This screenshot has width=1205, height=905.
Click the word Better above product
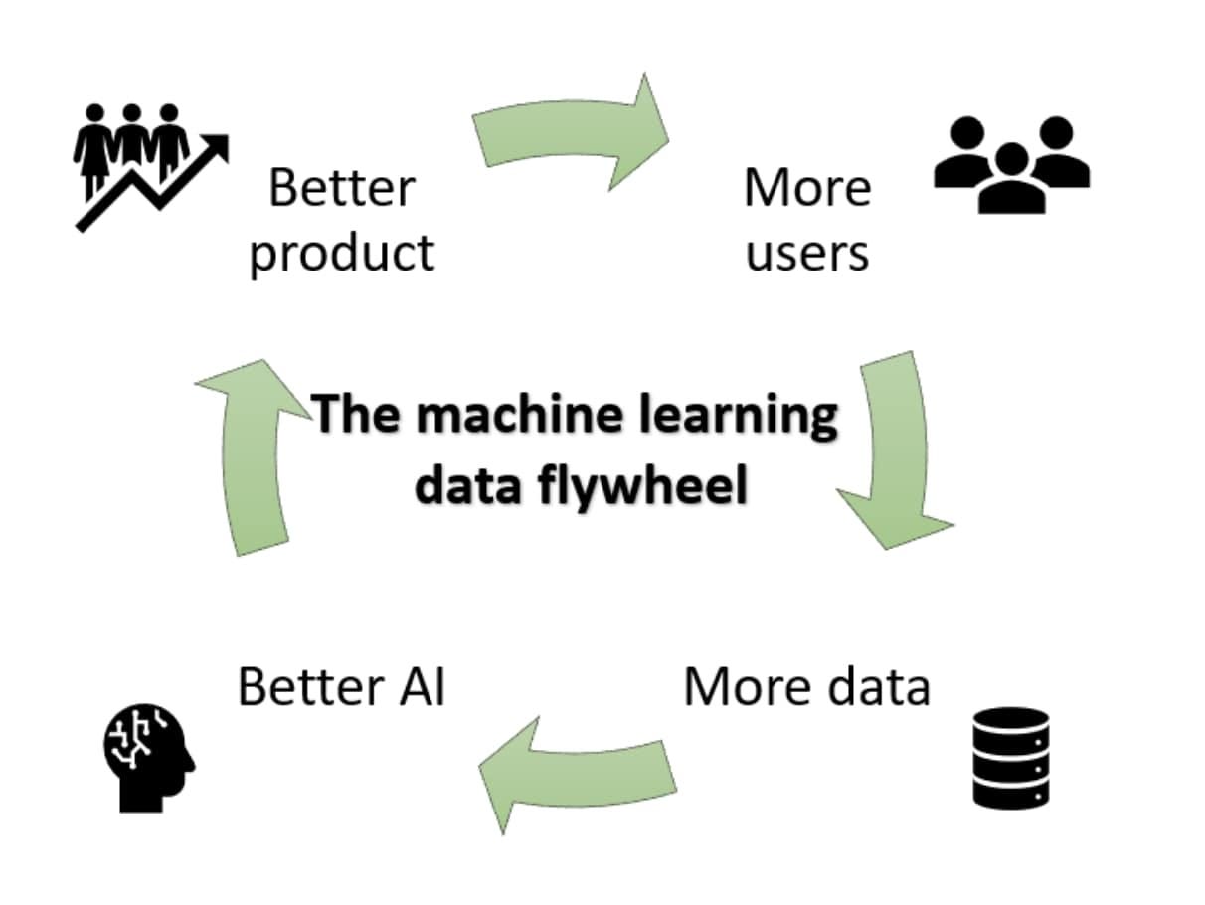point(341,188)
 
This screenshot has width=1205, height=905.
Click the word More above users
point(807,188)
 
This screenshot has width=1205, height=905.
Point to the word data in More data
point(868,686)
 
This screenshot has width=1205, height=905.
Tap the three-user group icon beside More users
point(1011,164)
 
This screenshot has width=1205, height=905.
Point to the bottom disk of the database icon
point(1010,792)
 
